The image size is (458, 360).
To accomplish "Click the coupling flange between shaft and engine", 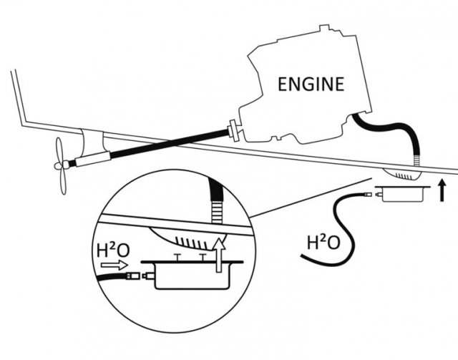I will coord(234,130).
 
